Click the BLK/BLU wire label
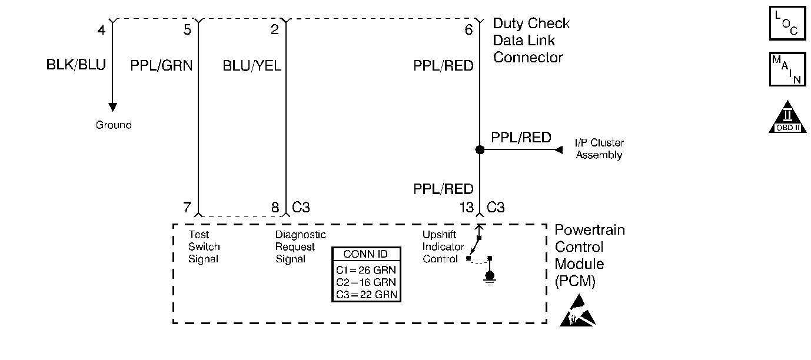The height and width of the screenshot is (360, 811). click(76, 65)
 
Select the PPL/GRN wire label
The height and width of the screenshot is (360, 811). click(161, 65)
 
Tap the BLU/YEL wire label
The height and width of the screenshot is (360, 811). click(252, 65)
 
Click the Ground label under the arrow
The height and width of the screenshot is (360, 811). click(114, 125)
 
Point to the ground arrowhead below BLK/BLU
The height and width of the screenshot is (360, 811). click(112, 107)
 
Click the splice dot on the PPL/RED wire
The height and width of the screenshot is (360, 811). click(480, 149)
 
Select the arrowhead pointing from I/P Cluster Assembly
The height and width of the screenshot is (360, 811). click(559, 149)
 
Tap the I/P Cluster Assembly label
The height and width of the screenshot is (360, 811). click(599, 149)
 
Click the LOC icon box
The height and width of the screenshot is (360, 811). click(787, 23)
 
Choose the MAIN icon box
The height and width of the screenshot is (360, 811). click(787, 69)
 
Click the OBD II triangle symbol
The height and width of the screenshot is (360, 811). click(787, 117)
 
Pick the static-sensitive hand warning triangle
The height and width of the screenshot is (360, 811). click(577, 311)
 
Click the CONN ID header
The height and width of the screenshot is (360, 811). click(365, 254)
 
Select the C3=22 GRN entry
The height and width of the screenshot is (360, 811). click(367, 295)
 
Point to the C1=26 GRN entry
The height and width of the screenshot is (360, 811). click(366, 270)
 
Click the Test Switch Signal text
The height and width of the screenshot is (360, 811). click(204, 246)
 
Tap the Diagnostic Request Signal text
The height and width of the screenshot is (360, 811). click(301, 246)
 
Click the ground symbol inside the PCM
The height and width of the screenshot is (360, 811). click(490, 279)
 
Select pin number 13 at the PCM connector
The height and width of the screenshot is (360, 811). click(467, 207)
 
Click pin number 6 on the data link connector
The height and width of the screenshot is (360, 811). click(469, 29)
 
